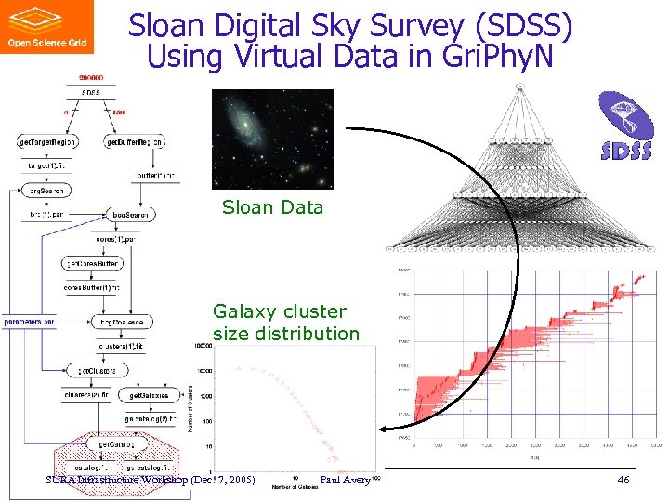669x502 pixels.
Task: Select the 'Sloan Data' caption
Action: point(272,207)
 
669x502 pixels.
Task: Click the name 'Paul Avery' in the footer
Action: point(345,480)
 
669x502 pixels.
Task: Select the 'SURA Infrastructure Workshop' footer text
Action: point(116,480)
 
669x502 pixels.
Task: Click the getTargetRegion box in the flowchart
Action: point(47,142)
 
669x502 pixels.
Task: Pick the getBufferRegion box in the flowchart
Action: point(135,142)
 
